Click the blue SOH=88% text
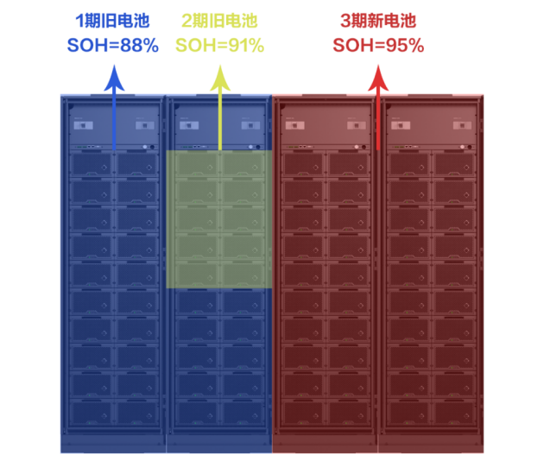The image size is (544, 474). (x=112, y=46)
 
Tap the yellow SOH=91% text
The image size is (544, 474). (x=219, y=46)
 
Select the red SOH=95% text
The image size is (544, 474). (x=378, y=46)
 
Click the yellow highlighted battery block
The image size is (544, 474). (x=219, y=219)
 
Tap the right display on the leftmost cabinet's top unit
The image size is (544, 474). (x=141, y=125)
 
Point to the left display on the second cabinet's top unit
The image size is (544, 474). (x=190, y=125)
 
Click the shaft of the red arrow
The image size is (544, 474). (x=378, y=121)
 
